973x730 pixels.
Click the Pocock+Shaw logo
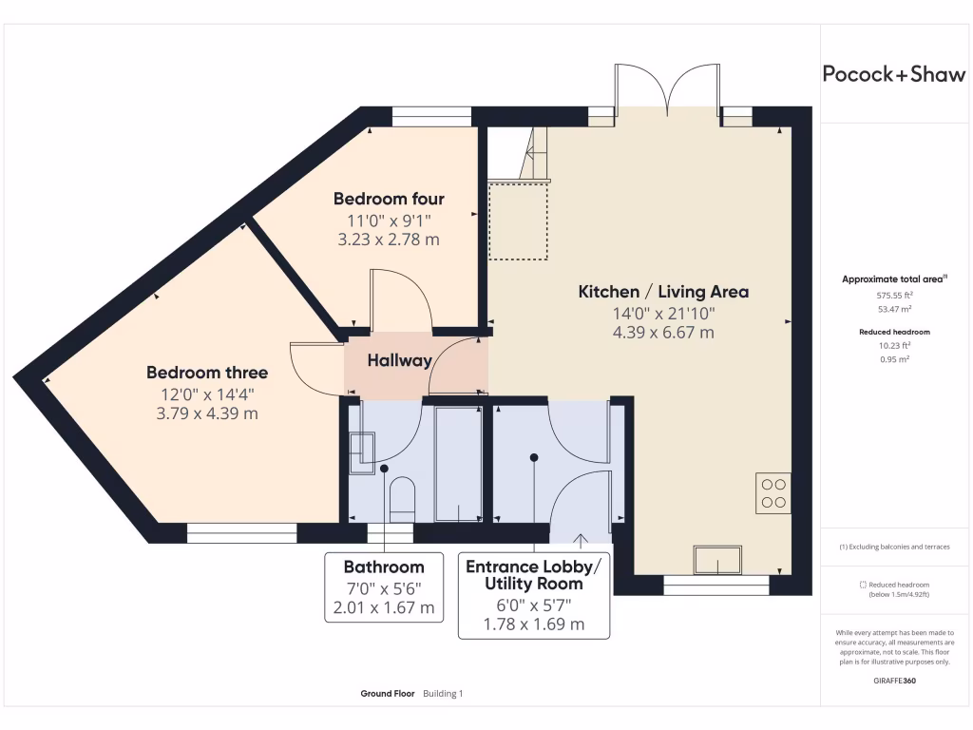point(893,74)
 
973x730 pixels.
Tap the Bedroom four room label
point(389,199)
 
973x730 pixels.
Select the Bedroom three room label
point(207,373)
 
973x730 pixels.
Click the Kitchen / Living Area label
point(663,292)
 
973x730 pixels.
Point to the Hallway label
point(399,360)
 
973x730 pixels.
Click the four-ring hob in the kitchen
point(773,493)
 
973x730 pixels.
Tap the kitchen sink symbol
point(718,560)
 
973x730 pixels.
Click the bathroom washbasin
point(361,452)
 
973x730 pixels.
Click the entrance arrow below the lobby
point(581,541)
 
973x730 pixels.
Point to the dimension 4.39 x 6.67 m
point(663,333)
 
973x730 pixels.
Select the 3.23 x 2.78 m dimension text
point(389,240)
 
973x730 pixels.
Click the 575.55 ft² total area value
point(895,296)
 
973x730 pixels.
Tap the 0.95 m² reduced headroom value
point(895,359)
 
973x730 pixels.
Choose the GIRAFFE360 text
point(895,681)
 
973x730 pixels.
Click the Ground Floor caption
point(388,693)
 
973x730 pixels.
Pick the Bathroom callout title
point(384,567)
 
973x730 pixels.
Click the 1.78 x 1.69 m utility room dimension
point(534,624)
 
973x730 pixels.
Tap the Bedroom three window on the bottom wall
point(242,533)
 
